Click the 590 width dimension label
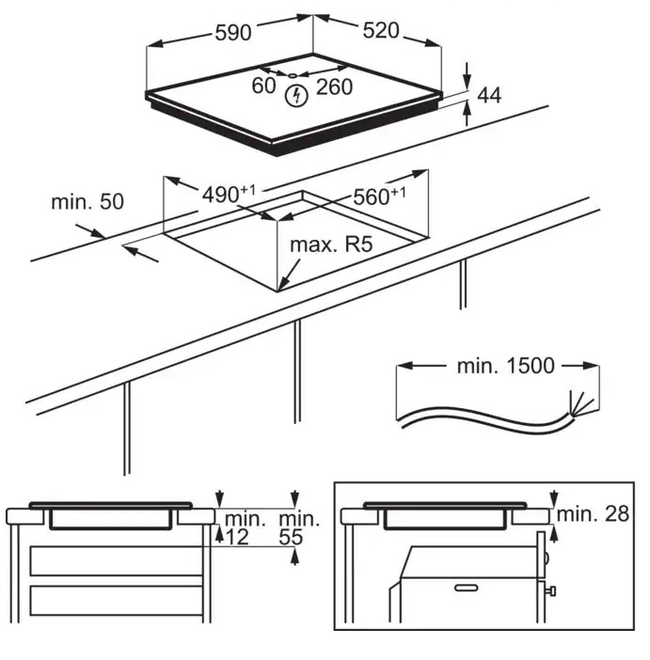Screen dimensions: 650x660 pos(233,32)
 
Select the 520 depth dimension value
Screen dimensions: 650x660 pos(381,30)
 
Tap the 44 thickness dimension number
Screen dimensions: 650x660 pos(489,95)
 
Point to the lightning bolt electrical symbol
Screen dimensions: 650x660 pos(296,96)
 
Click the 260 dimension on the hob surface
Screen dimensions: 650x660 pos(334,87)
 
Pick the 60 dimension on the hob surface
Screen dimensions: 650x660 pos(263,86)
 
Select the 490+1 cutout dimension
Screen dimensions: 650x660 pos(229,194)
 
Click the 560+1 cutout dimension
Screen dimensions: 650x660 pos(379,196)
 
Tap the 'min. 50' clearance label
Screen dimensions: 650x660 pos(87,201)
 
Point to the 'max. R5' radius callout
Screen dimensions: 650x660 pos(331,244)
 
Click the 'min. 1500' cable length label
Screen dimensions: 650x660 pos(505,366)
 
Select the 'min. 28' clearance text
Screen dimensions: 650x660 pos(593,514)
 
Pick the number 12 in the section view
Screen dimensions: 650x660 pos(238,537)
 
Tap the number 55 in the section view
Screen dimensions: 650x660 pos(291,537)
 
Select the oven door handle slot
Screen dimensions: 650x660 pos(467,587)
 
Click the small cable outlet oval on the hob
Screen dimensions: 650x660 pos(293,76)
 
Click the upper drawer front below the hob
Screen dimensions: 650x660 pos(116,560)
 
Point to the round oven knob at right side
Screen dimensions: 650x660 pos(547,558)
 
